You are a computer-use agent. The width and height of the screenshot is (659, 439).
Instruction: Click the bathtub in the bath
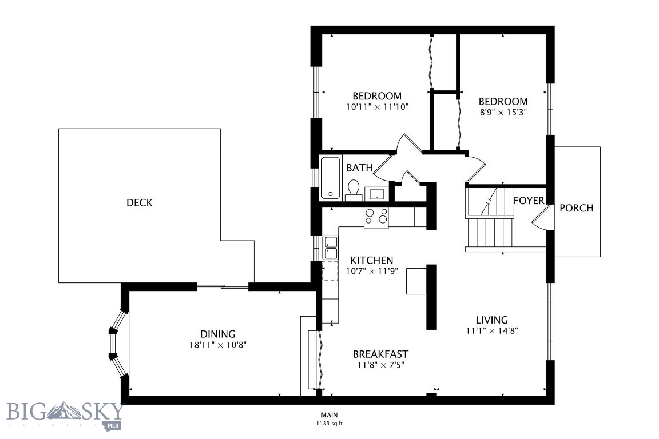coord(331,178)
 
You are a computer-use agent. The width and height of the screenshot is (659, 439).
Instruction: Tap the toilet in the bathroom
coord(354,189)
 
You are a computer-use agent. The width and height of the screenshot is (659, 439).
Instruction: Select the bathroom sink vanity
coord(376,194)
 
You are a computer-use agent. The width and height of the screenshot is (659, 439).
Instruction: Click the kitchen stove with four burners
coord(376,217)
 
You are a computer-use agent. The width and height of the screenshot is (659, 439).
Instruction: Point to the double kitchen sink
coord(331,248)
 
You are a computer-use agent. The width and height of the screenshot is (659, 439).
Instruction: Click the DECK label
coord(140,203)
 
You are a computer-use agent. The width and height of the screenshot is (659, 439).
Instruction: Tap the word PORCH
coord(576,208)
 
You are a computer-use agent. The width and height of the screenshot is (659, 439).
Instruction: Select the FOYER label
coord(528,201)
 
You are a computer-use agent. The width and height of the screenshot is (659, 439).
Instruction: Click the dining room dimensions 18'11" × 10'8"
coord(217,345)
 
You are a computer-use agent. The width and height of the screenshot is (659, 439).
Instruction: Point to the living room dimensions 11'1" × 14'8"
coord(492,330)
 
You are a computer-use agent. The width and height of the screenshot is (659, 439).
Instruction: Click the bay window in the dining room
coord(116,344)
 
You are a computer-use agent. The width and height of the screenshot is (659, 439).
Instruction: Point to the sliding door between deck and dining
coord(223,286)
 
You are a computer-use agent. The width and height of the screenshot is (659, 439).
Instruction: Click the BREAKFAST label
coord(380,354)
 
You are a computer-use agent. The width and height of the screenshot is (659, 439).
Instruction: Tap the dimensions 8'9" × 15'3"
coord(503,113)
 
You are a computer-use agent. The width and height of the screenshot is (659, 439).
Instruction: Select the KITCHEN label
coord(372,260)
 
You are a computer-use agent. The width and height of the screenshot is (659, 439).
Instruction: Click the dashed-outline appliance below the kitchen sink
coord(331,273)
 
